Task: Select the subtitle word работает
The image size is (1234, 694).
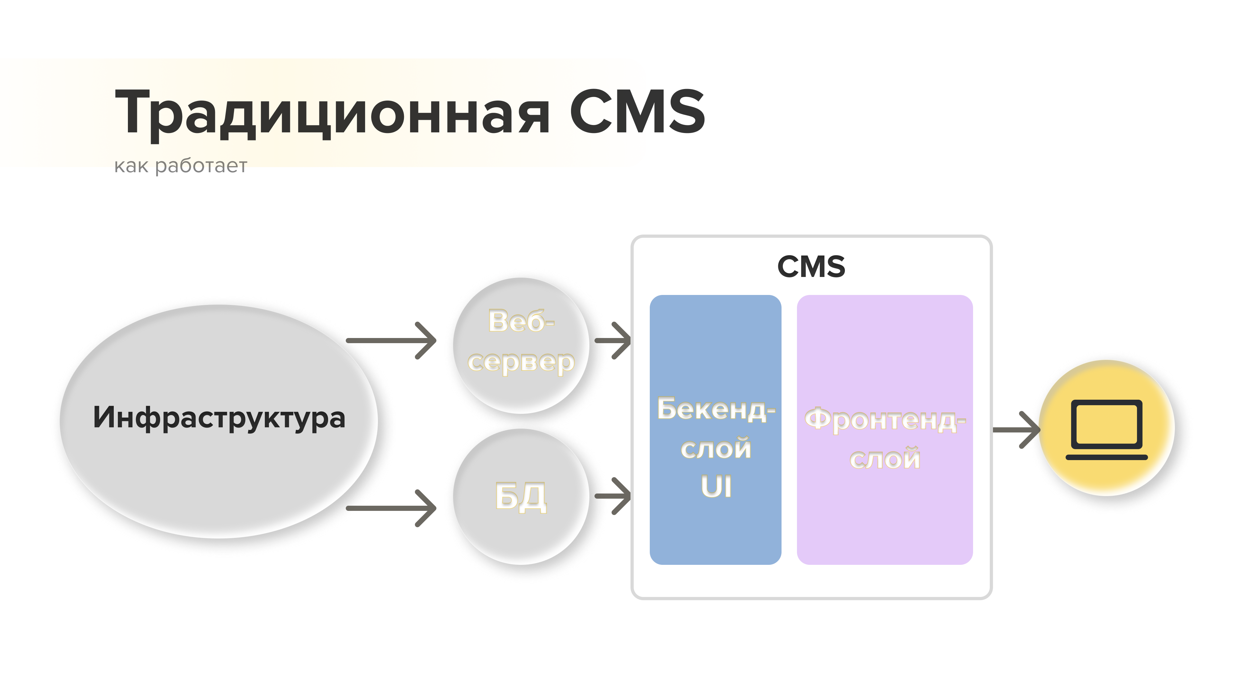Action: [201, 166]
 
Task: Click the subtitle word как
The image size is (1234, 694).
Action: [131, 166]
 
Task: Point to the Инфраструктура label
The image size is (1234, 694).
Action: [219, 418]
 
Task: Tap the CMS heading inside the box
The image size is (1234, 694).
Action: [811, 266]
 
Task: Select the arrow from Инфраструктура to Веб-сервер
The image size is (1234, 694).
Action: [391, 341]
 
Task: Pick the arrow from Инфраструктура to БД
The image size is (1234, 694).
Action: [391, 508]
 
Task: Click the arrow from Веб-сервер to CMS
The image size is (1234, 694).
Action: [613, 341]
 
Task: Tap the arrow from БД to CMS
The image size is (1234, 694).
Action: [613, 496]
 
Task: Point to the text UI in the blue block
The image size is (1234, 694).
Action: [716, 487]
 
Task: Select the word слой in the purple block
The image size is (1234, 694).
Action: [885, 458]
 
